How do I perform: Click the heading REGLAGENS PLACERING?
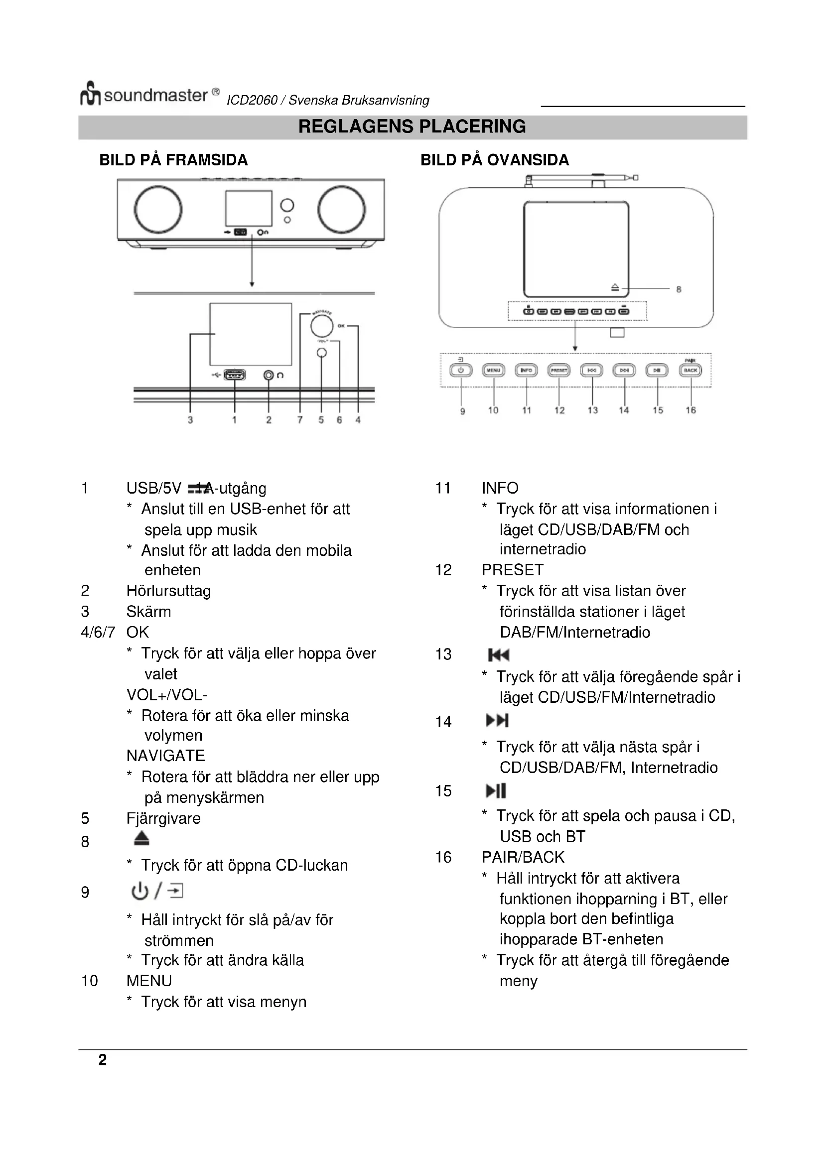[412, 127]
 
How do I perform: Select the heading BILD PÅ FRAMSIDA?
[173, 160]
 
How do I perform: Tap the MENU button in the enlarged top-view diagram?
[493, 371]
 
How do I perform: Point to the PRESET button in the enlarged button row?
[558, 371]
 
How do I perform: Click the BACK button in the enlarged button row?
[690, 371]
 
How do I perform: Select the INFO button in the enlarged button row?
[526, 371]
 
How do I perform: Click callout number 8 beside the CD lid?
[679, 289]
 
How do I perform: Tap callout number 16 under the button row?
[690, 410]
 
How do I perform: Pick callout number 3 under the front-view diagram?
[190, 419]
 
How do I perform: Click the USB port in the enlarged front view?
[235, 375]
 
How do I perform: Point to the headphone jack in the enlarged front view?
[269, 375]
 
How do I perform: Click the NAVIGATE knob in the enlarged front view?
[322, 326]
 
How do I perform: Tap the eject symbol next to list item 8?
[141, 838]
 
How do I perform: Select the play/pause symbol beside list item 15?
[496, 790]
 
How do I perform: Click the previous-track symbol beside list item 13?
[498, 655]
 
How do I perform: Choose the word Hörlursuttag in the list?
[168, 591]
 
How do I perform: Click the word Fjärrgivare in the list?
[163, 818]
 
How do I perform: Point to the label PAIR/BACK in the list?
[523, 857]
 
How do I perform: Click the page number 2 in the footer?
[103, 1060]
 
